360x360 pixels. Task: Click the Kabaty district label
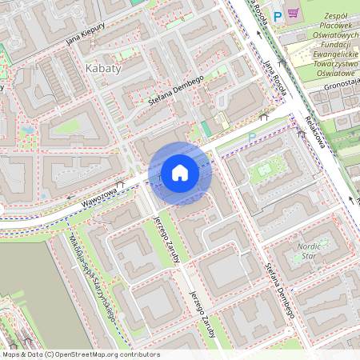[102, 69]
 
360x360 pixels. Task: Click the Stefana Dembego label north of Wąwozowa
[176, 90]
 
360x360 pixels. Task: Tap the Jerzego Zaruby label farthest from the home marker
[202, 314]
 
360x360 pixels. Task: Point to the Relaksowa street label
[318, 131]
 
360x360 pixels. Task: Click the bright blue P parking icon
[278, 14]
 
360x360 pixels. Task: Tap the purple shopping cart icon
[294, 14]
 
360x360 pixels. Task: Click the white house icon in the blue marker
[180, 173]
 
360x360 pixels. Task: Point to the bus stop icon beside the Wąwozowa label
[120, 184]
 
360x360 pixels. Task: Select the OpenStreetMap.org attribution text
[102, 354]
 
